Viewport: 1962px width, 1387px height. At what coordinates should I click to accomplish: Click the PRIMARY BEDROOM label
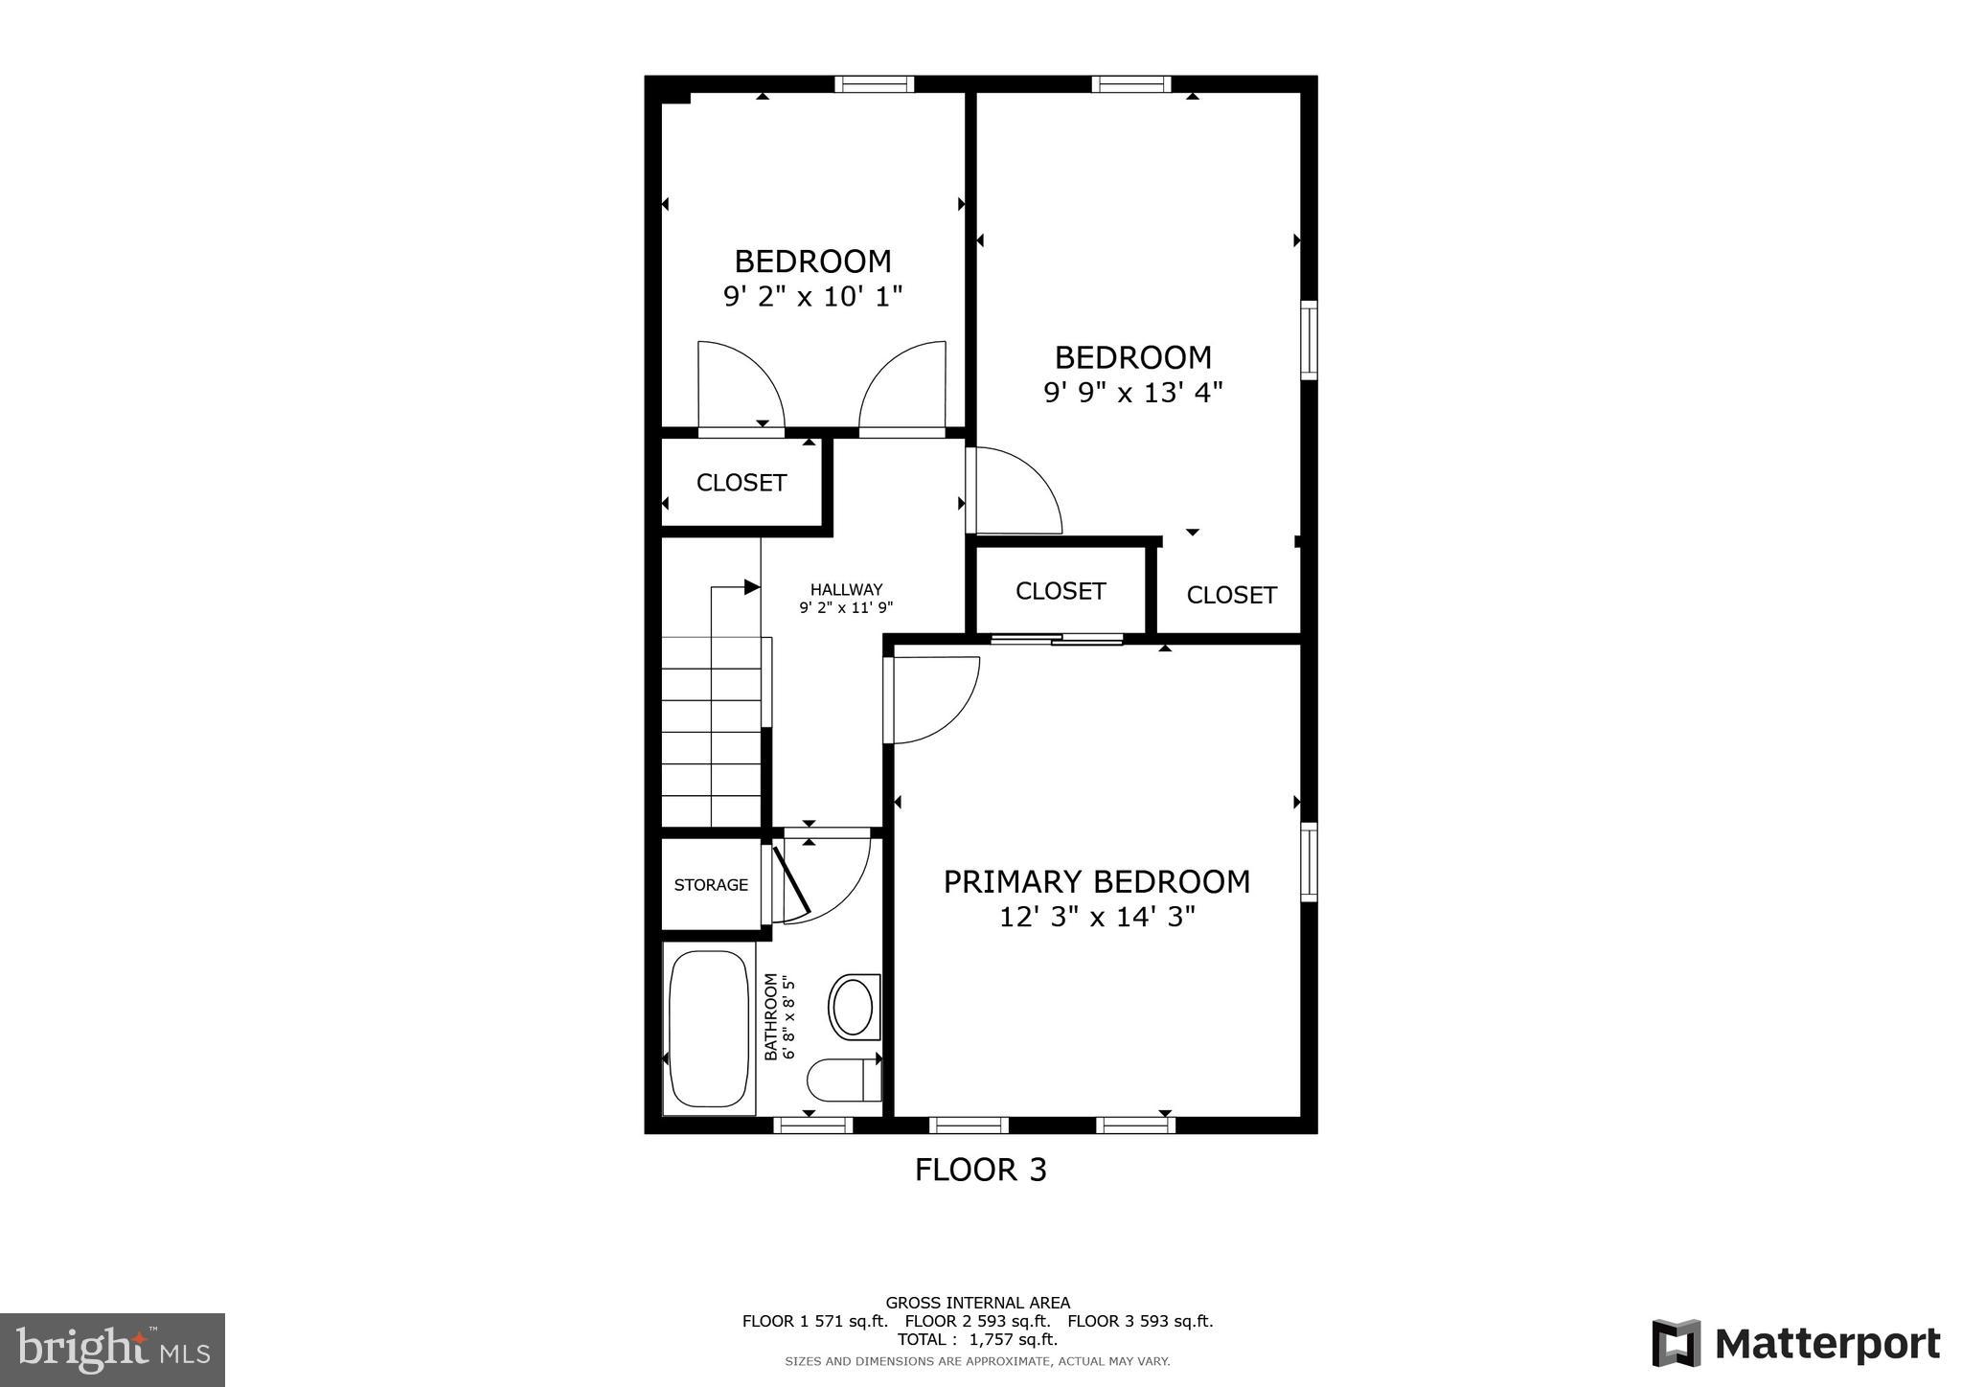(x=1096, y=881)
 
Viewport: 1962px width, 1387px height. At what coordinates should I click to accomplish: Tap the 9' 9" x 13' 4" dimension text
(x=1132, y=393)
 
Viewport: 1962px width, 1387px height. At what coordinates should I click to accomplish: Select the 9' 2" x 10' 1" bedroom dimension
(x=812, y=296)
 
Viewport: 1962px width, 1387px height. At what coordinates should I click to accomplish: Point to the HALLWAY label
(x=846, y=590)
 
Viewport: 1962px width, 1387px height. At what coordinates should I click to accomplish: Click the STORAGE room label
(x=711, y=885)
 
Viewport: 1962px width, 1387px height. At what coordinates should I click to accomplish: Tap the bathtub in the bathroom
(x=709, y=1029)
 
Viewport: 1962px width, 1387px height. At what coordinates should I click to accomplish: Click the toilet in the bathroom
(x=843, y=1080)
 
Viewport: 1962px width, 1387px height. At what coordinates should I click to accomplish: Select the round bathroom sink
(x=853, y=1007)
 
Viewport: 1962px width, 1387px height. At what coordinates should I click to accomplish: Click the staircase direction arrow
(x=751, y=587)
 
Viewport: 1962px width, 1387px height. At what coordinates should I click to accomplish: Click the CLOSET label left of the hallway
(x=741, y=483)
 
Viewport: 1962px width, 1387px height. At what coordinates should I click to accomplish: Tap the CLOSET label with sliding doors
(x=1061, y=591)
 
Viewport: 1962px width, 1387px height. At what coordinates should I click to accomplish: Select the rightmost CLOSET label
(x=1231, y=595)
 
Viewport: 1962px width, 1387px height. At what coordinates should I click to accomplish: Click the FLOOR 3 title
(x=980, y=1170)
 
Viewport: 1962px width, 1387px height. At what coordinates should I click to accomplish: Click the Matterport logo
(x=1795, y=1344)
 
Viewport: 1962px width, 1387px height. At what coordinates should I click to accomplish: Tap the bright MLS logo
(x=112, y=1350)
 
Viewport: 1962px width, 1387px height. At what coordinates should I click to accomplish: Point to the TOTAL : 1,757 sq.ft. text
(x=977, y=1339)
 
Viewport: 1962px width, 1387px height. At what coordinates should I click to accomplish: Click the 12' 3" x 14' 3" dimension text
(x=1097, y=918)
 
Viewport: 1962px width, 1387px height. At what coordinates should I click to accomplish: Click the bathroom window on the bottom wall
(x=812, y=1125)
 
